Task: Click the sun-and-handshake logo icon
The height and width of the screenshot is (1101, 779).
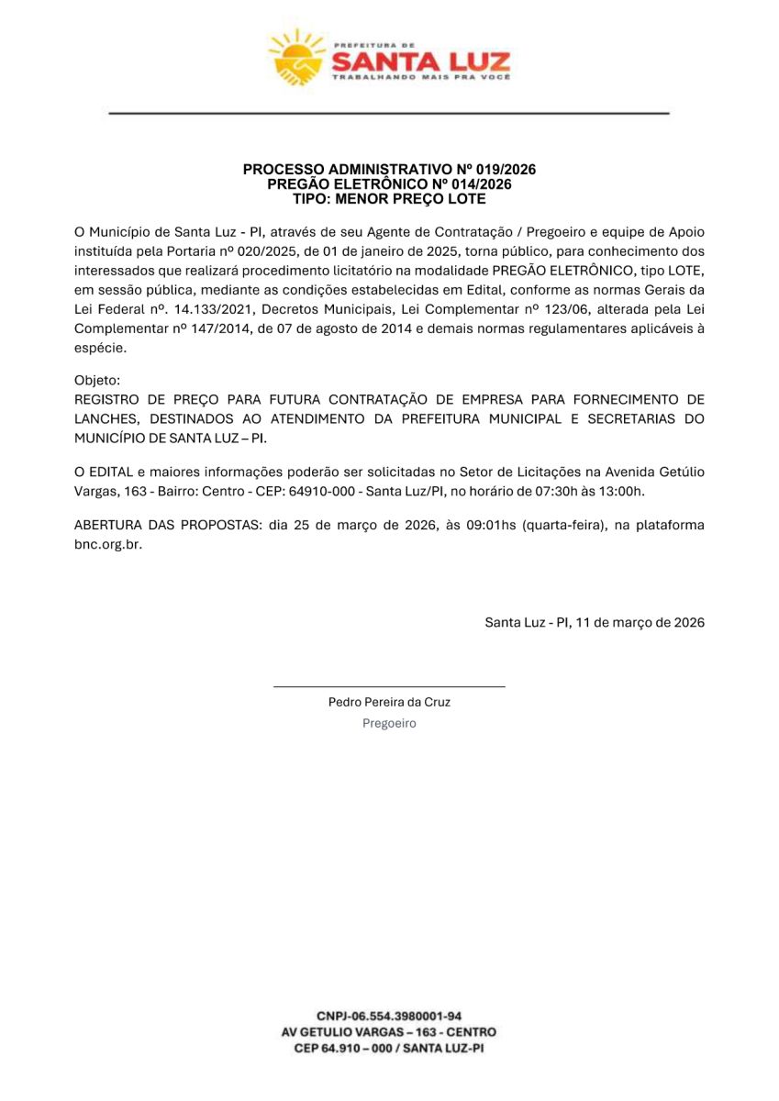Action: tap(295, 58)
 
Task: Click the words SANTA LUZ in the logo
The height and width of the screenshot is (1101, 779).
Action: tap(419, 62)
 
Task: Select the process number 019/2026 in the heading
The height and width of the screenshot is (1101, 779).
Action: tap(506, 170)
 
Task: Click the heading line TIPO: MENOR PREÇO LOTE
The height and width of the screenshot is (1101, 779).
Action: tap(389, 198)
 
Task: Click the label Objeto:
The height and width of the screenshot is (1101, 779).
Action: tap(96, 379)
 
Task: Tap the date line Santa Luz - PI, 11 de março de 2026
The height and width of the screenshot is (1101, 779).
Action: tap(595, 622)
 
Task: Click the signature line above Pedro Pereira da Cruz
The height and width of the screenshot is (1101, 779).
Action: tap(389, 685)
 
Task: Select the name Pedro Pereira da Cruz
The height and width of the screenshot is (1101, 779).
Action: tap(389, 702)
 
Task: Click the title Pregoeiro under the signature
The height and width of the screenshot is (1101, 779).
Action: tap(389, 723)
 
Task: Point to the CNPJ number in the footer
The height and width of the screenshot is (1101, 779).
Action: tap(389, 1016)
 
